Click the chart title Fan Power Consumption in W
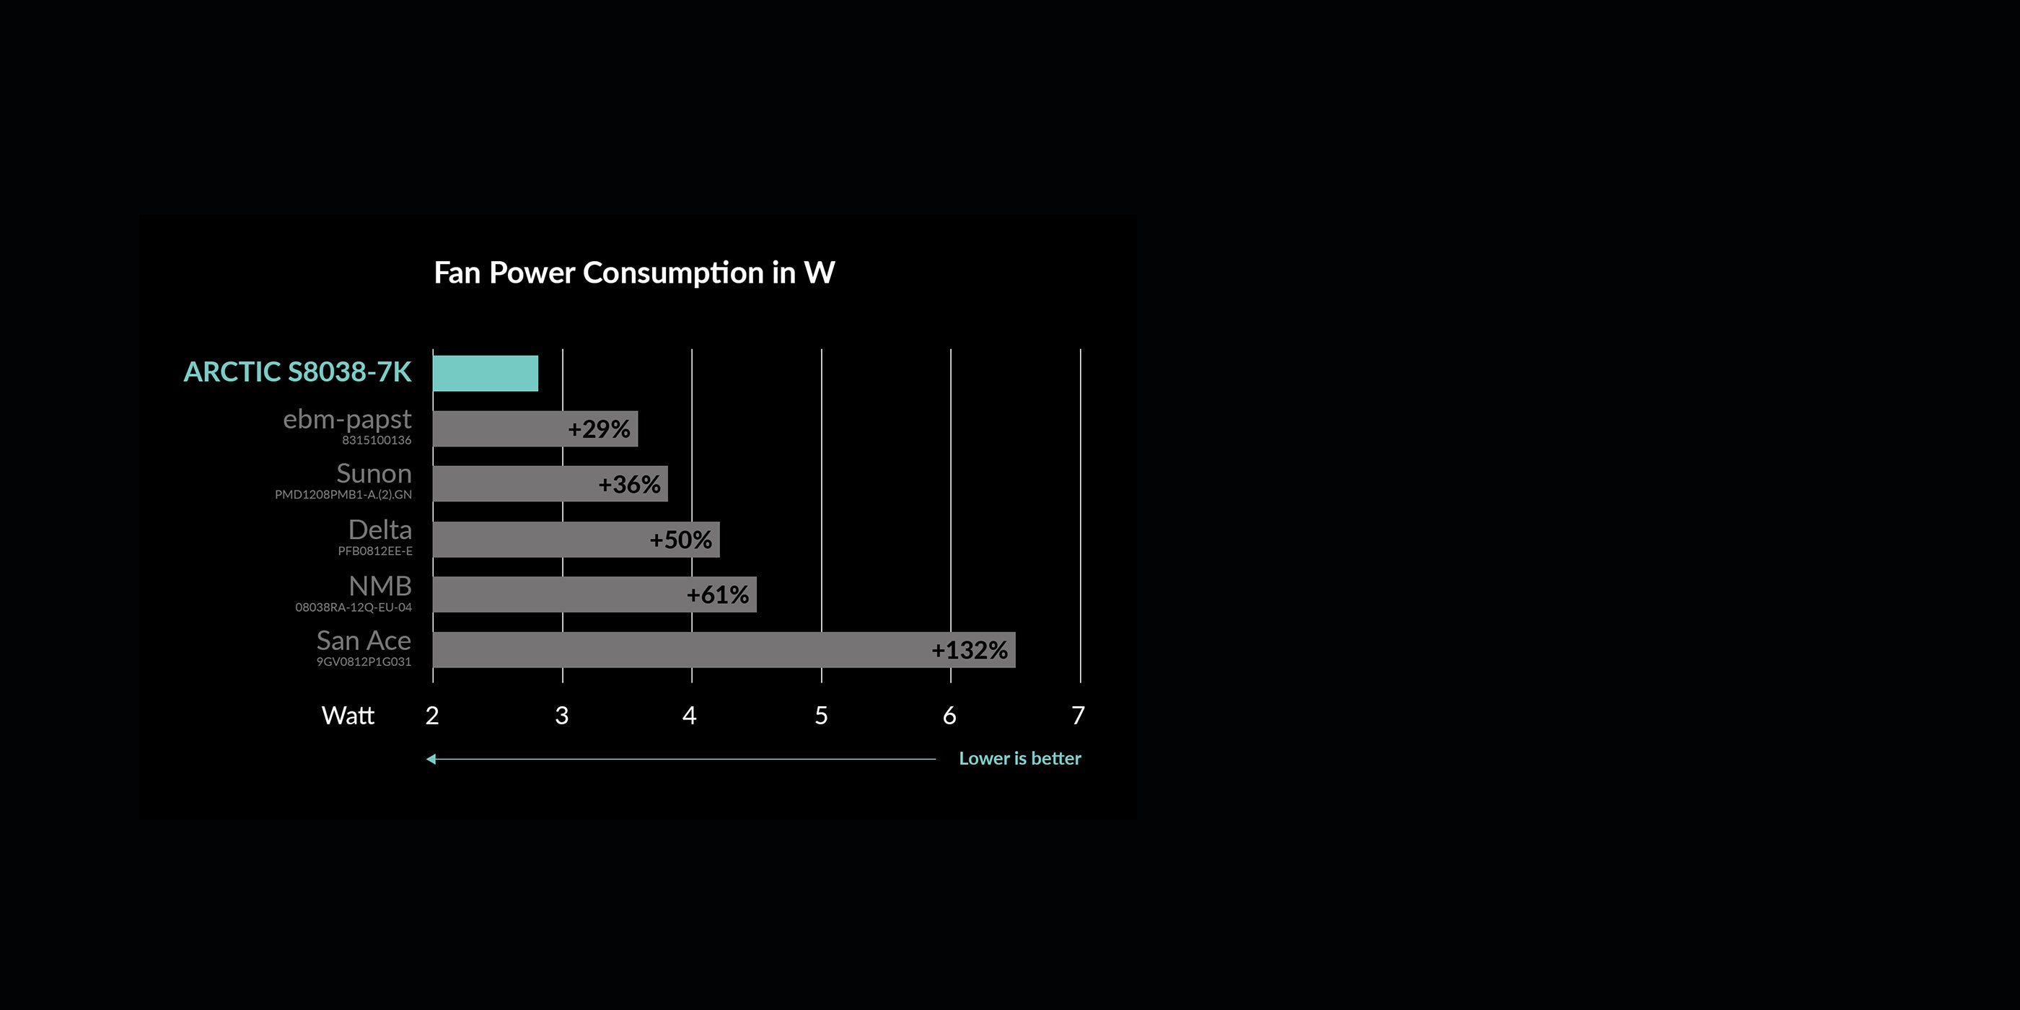pos(634,273)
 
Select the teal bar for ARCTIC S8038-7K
pos(486,373)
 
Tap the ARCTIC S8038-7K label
pos(297,372)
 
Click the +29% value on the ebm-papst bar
pos(599,429)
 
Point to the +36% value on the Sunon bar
pos(629,485)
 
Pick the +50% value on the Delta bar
pos(680,540)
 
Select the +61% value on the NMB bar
pos(718,594)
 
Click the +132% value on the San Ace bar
pos(969,650)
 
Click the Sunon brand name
pos(374,474)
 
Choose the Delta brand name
pos(380,530)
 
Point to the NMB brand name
pos(380,586)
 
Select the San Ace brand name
pos(364,641)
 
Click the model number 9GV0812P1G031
pos(364,662)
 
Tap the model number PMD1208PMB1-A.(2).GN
pos(343,495)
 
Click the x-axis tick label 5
pos(821,715)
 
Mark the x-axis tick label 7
pos(1079,715)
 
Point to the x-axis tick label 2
pos(432,715)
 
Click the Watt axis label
pos(348,715)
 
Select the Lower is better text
pos(1020,758)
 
